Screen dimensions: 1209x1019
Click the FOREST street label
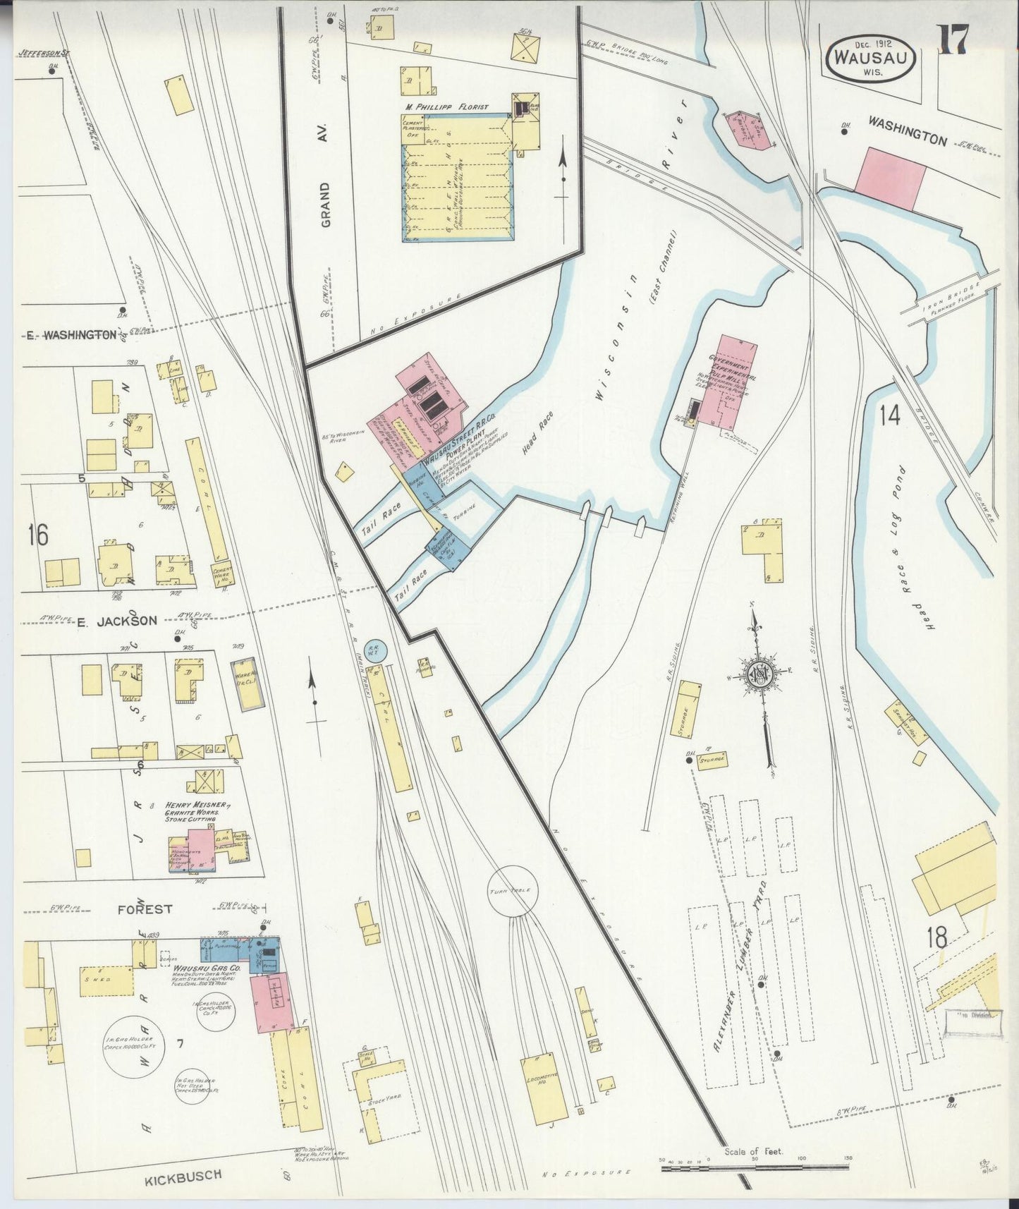144,909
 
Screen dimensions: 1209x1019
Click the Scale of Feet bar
753,1168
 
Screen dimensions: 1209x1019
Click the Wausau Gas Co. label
207,970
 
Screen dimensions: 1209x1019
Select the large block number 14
889,416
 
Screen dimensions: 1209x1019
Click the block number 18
937,939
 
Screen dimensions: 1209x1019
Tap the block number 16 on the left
38,535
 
